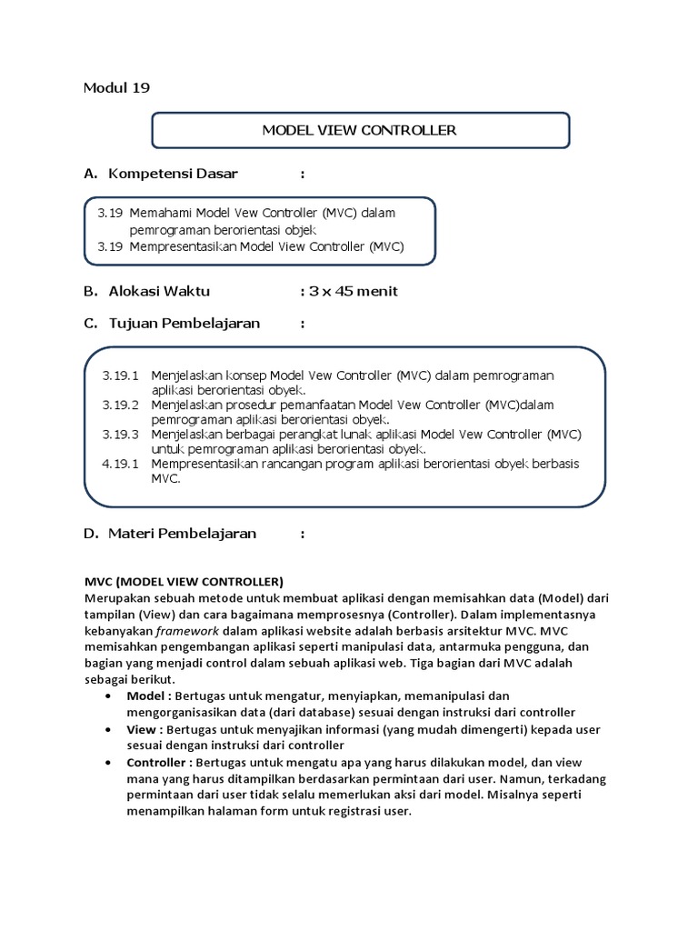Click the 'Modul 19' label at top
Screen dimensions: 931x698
[116, 88]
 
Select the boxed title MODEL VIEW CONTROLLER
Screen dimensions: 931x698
[359, 130]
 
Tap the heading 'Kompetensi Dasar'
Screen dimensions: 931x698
[173, 174]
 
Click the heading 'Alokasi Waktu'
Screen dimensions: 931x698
[159, 291]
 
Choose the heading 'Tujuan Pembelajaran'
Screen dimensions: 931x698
[184, 323]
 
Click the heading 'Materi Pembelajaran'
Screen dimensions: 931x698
[183, 533]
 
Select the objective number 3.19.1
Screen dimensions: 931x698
[121, 375]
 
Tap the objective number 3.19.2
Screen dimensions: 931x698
[121, 404]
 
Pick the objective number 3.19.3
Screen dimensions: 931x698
[121, 433]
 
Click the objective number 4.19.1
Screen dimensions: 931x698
[121, 463]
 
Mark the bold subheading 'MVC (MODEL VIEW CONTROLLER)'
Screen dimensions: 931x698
[184, 580]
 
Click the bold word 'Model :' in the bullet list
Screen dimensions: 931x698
[150, 696]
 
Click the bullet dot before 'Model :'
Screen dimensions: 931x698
[109, 696]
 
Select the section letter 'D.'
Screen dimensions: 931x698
[91, 533]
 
